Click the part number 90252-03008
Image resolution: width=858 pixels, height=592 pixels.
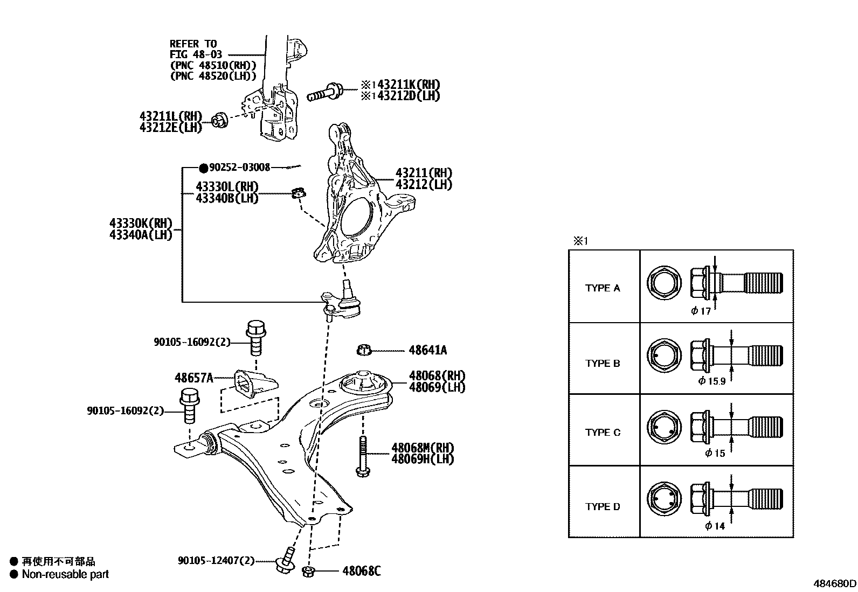click(239, 168)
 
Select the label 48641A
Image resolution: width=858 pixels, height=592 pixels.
click(427, 350)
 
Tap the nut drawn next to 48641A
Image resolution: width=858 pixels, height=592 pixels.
click(364, 350)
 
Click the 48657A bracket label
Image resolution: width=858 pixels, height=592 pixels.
click(193, 378)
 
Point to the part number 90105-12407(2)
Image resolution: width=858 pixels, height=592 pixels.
click(216, 561)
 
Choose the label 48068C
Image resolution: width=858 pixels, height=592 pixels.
click(361, 571)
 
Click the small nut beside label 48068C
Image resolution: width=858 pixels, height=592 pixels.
click(309, 571)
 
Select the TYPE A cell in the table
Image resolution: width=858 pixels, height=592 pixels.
click(603, 288)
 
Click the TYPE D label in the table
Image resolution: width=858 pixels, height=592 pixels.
click(603, 506)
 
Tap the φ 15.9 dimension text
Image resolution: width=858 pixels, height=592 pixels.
click(712, 381)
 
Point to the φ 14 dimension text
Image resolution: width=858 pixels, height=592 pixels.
click(715, 526)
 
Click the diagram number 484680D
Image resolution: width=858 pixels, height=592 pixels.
click(834, 583)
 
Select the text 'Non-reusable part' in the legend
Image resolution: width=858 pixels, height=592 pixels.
click(65, 574)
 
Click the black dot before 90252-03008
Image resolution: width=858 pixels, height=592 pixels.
click(203, 168)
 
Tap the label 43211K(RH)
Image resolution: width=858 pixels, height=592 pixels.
click(409, 85)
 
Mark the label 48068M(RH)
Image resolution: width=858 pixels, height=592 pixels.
click(423, 448)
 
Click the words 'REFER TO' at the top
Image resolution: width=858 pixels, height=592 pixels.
click(193, 44)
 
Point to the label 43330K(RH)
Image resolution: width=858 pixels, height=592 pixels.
click(141, 223)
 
